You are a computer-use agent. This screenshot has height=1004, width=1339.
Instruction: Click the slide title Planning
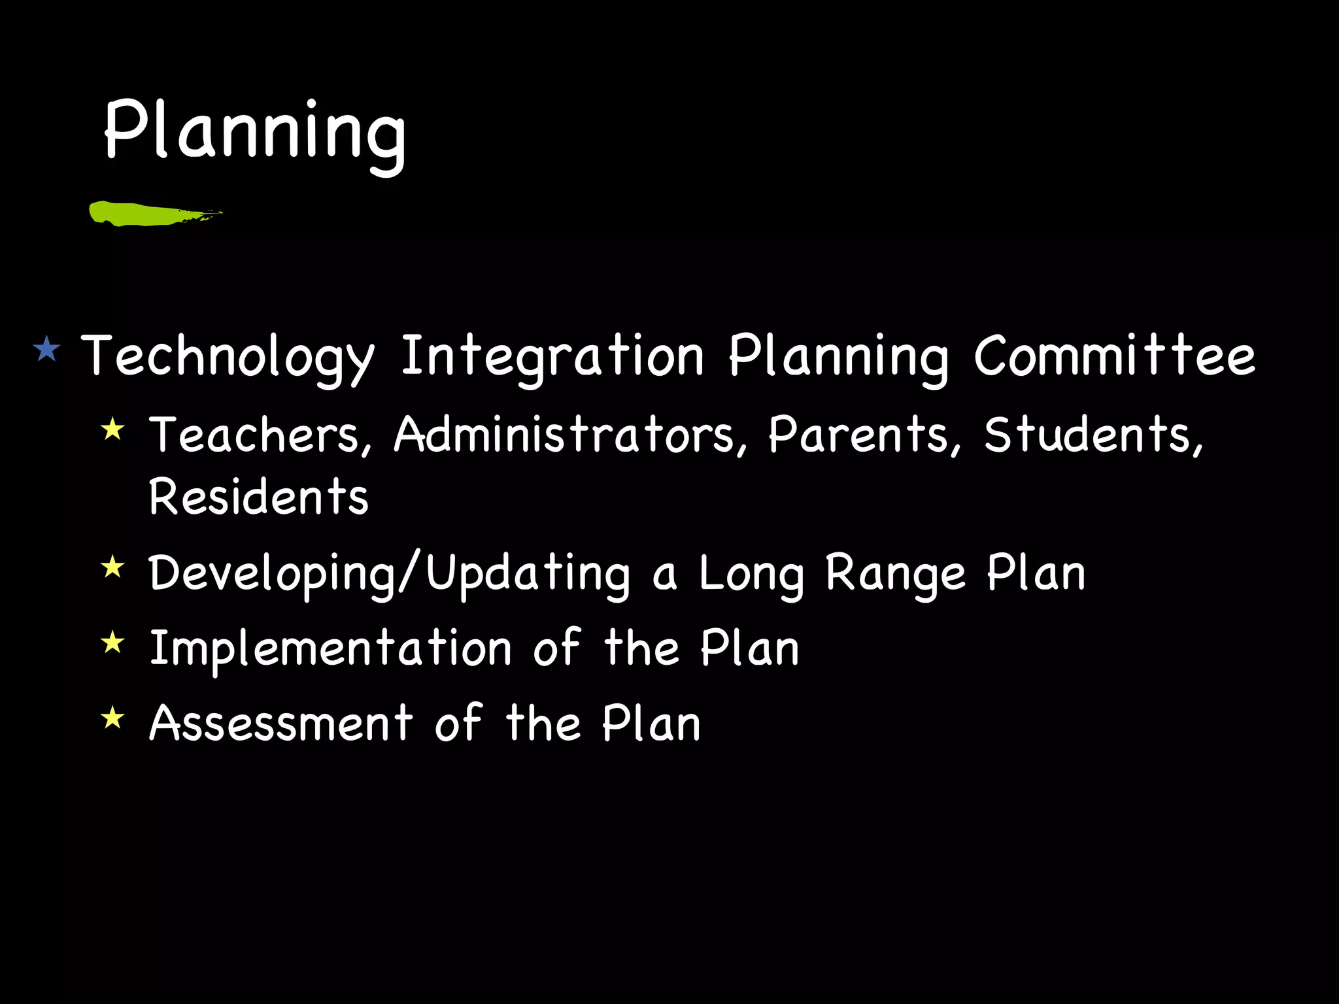[x=255, y=131]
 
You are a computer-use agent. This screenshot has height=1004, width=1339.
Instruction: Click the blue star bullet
[x=46, y=349]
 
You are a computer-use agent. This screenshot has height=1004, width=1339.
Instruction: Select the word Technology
[x=228, y=357]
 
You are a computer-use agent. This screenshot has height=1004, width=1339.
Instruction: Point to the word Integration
[x=552, y=357]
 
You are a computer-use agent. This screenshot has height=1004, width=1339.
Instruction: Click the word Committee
[x=1114, y=357]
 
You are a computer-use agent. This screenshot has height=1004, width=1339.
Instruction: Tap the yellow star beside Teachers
[x=113, y=429]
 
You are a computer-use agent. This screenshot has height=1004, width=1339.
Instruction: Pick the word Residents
[x=259, y=497]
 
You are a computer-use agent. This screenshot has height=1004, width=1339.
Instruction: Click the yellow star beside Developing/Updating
[x=113, y=567]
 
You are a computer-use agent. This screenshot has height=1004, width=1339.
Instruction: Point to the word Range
[x=895, y=575]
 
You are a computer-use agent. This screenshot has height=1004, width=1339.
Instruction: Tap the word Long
[x=751, y=575]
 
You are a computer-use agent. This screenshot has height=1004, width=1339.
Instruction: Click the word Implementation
[x=331, y=649]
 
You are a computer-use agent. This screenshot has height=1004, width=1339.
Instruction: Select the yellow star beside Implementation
[x=113, y=643]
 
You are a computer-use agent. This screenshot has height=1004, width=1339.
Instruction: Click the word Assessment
[x=281, y=724]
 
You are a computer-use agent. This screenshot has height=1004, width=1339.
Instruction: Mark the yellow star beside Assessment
[x=113, y=718]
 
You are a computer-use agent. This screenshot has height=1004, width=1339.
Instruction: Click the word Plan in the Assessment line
[x=651, y=724]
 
